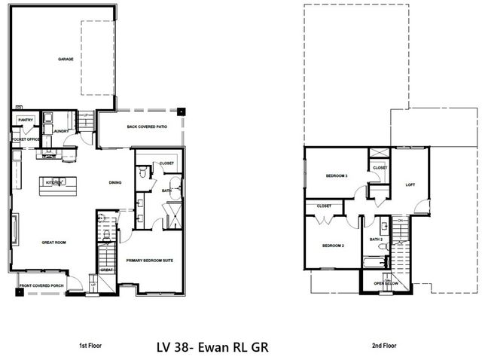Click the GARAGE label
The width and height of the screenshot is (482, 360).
(x=66, y=59)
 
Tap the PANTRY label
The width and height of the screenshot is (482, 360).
(x=25, y=119)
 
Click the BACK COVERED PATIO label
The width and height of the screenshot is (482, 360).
(x=144, y=127)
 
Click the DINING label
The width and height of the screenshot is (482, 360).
(x=115, y=182)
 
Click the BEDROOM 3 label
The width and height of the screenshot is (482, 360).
(x=336, y=175)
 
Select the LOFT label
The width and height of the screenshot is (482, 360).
(x=410, y=185)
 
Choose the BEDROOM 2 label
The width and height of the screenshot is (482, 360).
(x=333, y=246)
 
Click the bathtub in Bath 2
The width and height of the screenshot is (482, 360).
(x=374, y=264)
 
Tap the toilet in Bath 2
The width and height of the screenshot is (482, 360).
(x=385, y=225)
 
